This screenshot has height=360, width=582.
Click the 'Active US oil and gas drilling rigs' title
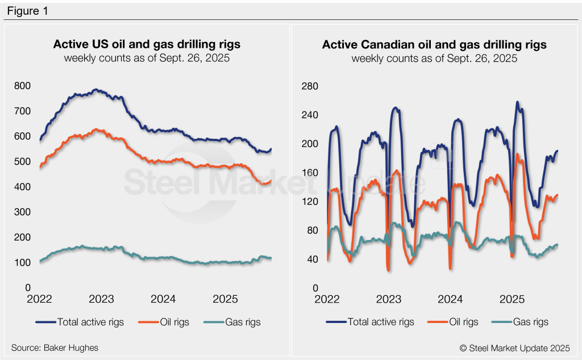[x=147, y=44]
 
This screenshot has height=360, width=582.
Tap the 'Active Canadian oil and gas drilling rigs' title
[x=434, y=44]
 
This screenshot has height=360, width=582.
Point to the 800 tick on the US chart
[x=22, y=86]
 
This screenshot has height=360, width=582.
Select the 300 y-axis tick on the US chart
[x=22, y=212]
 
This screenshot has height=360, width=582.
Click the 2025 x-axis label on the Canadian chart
[x=512, y=299]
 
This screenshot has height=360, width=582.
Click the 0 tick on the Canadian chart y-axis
[x=314, y=288]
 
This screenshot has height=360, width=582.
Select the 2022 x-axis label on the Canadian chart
[x=327, y=299]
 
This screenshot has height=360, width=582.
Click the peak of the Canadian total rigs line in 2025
[x=517, y=102]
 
